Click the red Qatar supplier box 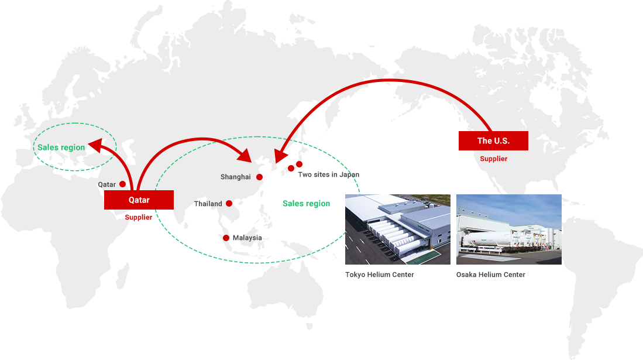pyautogui.click(x=139, y=200)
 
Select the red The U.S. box pyautogui.click(x=493, y=141)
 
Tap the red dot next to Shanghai pyautogui.click(x=260, y=177)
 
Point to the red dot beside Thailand pyautogui.click(x=229, y=203)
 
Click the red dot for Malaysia pyautogui.click(x=226, y=238)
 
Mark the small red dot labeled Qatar pyautogui.click(x=123, y=184)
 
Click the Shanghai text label pyautogui.click(x=235, y=177)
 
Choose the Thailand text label pyautogui.click(x=208, y=204)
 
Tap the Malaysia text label pyautogui.click(x=247, y=238)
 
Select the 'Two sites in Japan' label pyautogui.click(x=328, y=174)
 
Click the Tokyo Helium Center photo pyautogui.click(x=398, y=229)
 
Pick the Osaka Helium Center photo pyautogui.click(x=509, y=229)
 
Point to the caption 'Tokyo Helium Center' pyautogui.click(x=379, y=275)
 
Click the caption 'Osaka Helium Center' pyautogui.click(x=490, y=275)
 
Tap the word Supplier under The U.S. pyautogui.click(x=494, y=159)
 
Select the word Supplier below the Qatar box pyautogui.click(x=139, y=217)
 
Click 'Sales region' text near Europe pyautogui.click(x=61, y=148)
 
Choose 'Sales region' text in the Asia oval pyautogui.click(x=307, y=204)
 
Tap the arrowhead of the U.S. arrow pyautogui.click(x=280, y=156)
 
